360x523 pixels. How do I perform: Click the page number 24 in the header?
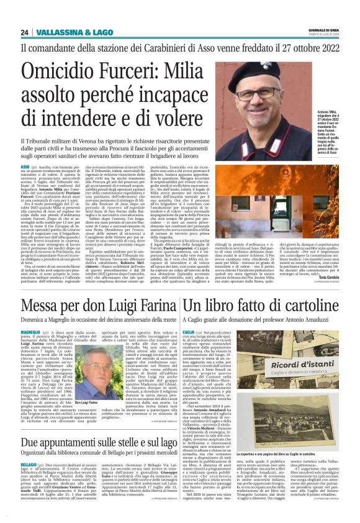click(x=24, y=32)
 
